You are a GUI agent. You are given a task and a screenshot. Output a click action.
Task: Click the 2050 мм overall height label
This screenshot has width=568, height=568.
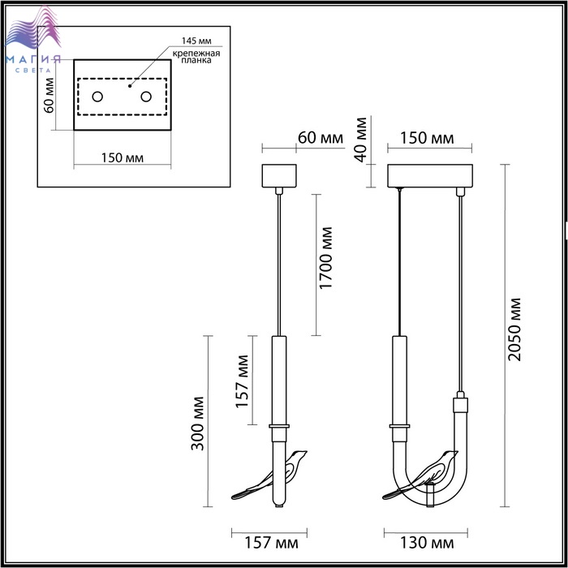pos(514,329)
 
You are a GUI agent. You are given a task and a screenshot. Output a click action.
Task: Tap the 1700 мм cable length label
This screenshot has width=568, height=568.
pos(326,258)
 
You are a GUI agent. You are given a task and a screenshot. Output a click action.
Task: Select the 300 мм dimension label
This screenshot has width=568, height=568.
pos(198,424)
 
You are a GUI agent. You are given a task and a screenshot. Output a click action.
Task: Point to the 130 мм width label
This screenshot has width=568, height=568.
pos(426,543)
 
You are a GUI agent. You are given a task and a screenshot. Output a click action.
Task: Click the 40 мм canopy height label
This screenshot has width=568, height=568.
pos(361,140)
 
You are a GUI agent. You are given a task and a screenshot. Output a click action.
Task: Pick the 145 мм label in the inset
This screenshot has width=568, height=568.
pos(196,41)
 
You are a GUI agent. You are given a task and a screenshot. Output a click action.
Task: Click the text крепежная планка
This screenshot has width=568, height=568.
pos(196,57)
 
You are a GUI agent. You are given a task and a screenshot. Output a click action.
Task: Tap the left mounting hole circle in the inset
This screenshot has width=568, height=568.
pos(97,97)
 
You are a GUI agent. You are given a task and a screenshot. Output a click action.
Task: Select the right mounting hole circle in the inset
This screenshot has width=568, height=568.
pos(146,97)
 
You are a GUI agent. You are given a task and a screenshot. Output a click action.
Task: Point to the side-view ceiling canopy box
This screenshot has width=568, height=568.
pos(279,176)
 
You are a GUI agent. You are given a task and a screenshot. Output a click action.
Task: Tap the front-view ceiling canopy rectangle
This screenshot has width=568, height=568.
pos(430,176)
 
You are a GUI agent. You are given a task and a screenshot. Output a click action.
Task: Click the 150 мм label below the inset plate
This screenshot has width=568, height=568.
pos(122,158)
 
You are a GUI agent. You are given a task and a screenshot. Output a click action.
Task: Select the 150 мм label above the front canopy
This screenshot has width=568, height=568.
pos(427,138)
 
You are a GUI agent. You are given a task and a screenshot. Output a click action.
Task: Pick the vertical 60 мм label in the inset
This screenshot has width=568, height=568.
pos(49,96)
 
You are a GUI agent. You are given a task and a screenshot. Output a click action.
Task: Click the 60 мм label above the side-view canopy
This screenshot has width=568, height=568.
pos(321,138)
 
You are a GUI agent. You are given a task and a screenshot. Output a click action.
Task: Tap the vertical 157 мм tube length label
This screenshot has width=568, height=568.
pos(243,381)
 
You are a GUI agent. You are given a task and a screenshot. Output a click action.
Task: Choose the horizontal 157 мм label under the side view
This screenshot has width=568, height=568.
pos(271,543)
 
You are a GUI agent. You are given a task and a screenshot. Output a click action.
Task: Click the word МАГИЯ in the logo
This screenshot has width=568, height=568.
pos(33,60)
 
